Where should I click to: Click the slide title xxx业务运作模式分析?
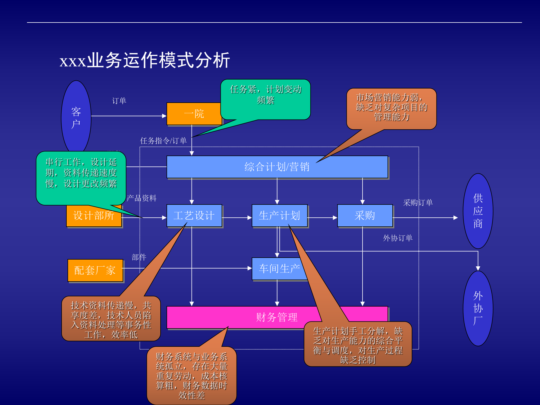click(145, 60)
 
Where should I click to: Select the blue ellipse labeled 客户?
click(76, 118)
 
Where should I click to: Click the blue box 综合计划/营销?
click(277, 167)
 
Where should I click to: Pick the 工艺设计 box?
click(194, 216)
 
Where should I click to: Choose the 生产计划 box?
click(279, 216)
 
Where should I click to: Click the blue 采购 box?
click(365, 216)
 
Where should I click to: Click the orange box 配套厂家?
click(95, 270)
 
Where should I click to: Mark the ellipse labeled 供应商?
click(478, 211)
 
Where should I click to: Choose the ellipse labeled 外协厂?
click(478, 308)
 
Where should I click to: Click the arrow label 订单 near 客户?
click(119, 101)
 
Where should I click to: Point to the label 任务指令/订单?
click(163, 141)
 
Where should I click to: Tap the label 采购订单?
click(418, 202)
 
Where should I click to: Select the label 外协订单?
click(398, 238)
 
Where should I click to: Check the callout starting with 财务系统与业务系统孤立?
click(192, 376)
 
